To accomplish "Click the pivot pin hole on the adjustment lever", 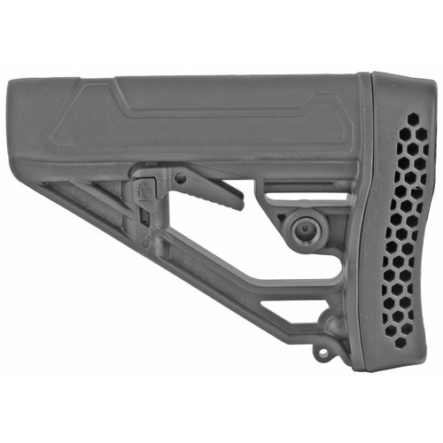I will click(180, 178).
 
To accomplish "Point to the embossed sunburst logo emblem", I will click(144, 188).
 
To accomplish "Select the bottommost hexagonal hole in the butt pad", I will click(400, 342).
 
